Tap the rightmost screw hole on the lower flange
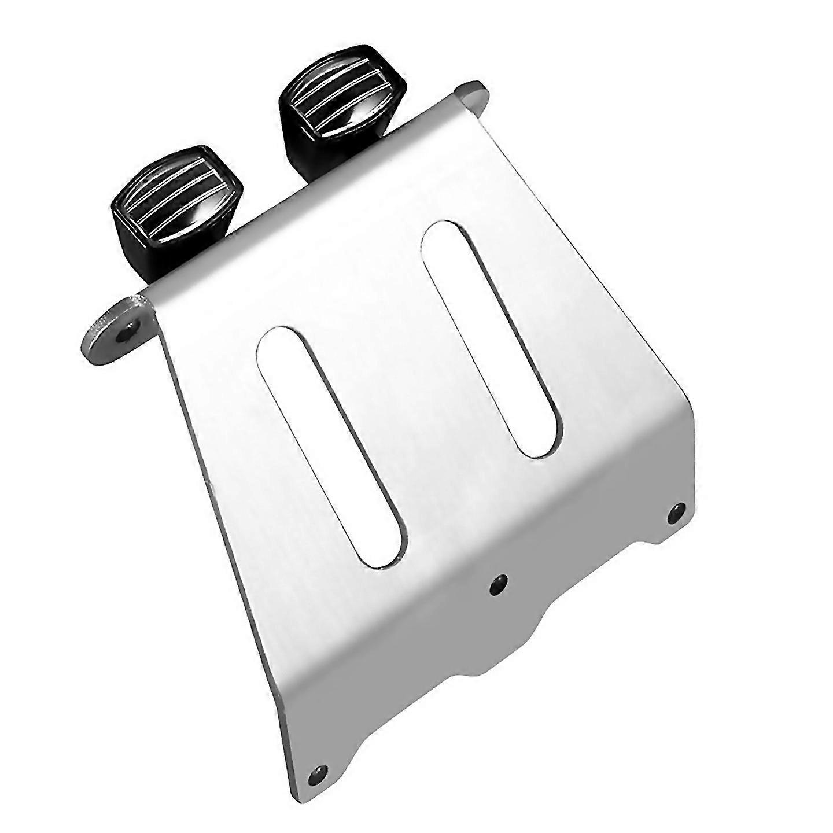pyautogui.click(x=676, y=512)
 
